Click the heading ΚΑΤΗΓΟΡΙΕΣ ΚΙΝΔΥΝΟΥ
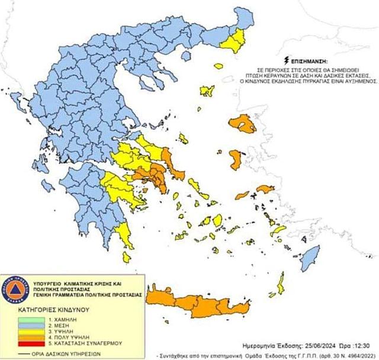tap(53, 309)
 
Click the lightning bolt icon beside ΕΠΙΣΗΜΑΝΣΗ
tap(287, 60)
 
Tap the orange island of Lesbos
tap(243, 124)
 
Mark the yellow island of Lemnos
tap(207, 91)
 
